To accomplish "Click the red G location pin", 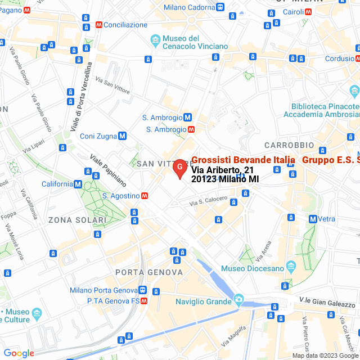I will [x=179, y=168].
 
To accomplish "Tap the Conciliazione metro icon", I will [x=100, y=25].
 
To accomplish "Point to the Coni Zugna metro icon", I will [x=122, y=136].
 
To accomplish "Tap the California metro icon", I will [x=78, y=184].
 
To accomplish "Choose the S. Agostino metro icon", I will [x=145, y=196].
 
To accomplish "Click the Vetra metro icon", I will [x=312, y=219].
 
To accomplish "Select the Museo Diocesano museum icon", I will [x=291, y=265].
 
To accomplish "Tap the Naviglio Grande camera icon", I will [x=238, y=299].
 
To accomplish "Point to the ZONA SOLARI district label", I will [x=77, y=219].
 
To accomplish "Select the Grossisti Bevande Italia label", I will [x=243, y=160].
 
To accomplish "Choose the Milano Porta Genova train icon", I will [x=143, y=290].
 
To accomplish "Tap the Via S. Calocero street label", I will [x=208, y=201].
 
